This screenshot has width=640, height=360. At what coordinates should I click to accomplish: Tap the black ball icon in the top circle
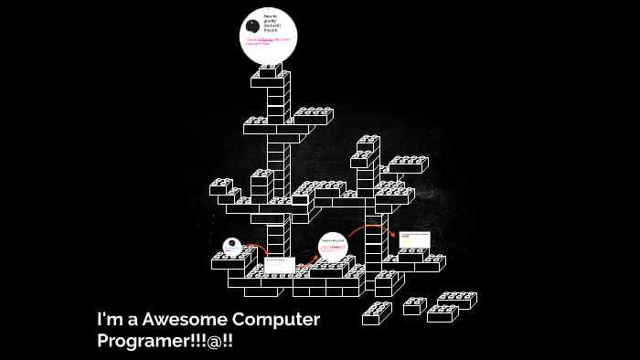(x=252, y=25)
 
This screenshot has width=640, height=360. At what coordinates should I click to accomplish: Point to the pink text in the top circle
(x=269, y=41)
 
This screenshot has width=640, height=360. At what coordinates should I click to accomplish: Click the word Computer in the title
(x=275, y=320)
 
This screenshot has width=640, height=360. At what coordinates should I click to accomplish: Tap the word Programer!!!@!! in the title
(x=171, y=341)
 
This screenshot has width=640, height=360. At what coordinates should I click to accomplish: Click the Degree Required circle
(x=334, y=247)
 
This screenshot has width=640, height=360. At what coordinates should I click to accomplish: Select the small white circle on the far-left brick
(x=232, y=247)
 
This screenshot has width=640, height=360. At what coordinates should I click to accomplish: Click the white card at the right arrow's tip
(x=412, y=239)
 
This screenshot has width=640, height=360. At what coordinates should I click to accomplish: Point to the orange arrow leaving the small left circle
(x=258, y=249)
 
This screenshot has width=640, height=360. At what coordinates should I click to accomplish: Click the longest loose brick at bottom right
(x=457, y=300)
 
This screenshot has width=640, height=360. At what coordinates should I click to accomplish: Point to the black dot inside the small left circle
(x=232, y=244)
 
